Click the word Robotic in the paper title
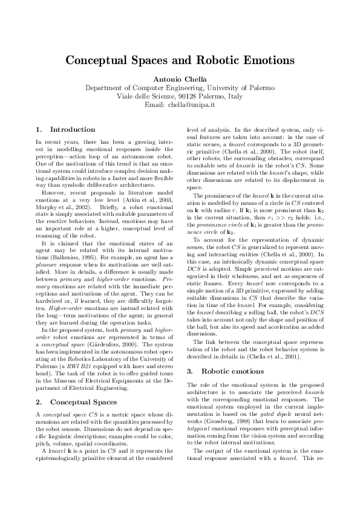click(x=220, y=61)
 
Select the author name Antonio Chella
click(x=180, y=79)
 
